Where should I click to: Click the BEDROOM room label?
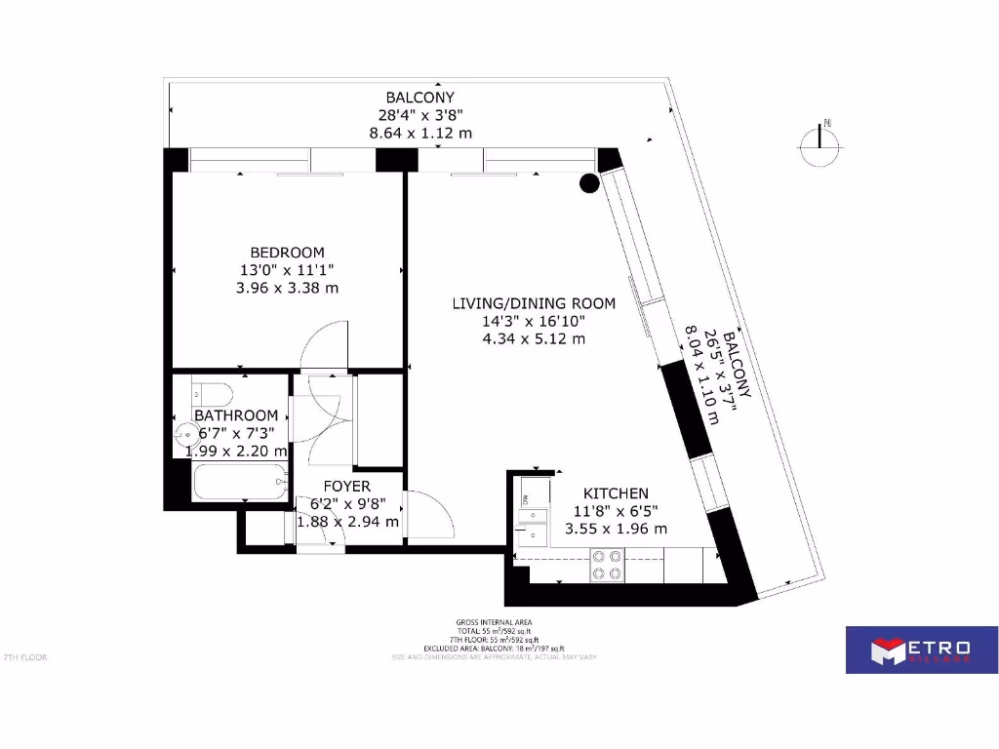pyautogui.click(x=287, y=253)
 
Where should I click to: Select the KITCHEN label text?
pyautogui.click(x=616, y=493)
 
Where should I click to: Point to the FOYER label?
pyautogui.click(x=346, y=486)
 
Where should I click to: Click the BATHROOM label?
pyautogui.click(x=235, y=415)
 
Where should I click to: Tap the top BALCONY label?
pyautogui.click(x=420, y=98)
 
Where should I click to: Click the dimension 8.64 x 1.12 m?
pyautogui.click(x=420, y=133)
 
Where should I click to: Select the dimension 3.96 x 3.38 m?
pyautogui.click(x=287, y=288)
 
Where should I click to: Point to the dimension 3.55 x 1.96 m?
pyautogui.click(x=616, y=529)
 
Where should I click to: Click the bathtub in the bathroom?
pyautogui.click(x=240, y=482)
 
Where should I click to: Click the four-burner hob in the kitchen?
pyautogui.click(x=607, y=566)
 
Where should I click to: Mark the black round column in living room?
pyautogui.click(x=589, y=182)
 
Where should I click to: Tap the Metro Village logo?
pyautogui.click(x=913, y=649)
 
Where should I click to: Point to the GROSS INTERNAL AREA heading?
pyautogui.click(x=495, y=622)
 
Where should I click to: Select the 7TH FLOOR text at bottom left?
pyautogui.click(x=25, y=657)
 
